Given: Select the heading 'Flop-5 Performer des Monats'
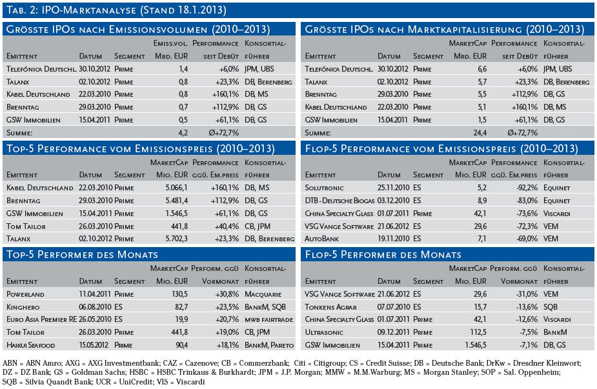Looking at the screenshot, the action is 383,255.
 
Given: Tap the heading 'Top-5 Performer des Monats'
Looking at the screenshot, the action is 82,255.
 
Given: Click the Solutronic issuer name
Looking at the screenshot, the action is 324,188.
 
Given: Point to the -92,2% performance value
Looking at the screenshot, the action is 527,188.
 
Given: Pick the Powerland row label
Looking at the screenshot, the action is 25,294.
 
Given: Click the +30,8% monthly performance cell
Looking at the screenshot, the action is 228,294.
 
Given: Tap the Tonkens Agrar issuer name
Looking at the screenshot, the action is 330,307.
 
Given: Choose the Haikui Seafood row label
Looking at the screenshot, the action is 30,345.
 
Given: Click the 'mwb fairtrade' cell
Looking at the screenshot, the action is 268,320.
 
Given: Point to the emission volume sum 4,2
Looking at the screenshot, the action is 183,133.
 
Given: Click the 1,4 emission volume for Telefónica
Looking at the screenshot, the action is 183,69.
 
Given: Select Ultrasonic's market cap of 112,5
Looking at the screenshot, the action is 478,332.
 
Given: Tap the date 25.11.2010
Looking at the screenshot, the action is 393,188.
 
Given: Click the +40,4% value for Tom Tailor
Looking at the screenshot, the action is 227,226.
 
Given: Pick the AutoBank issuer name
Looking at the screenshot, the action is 321,239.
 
